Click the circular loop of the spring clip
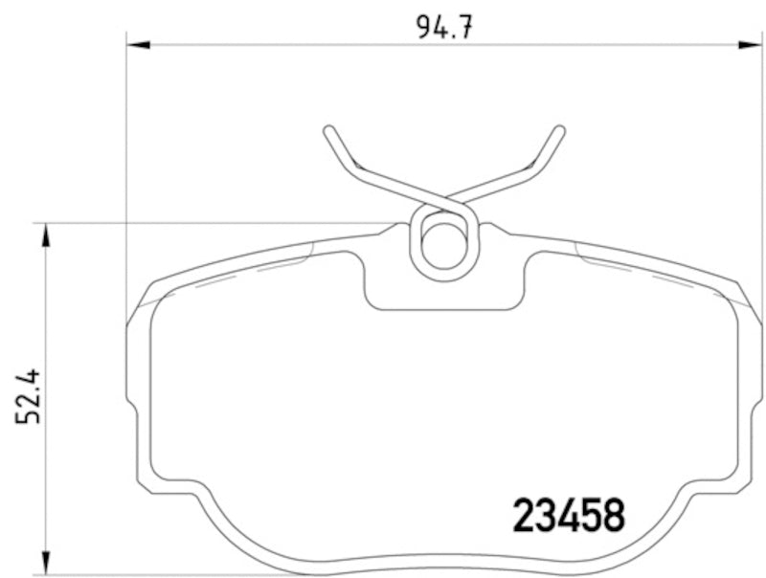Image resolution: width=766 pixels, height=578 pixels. (x=443, y=243)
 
